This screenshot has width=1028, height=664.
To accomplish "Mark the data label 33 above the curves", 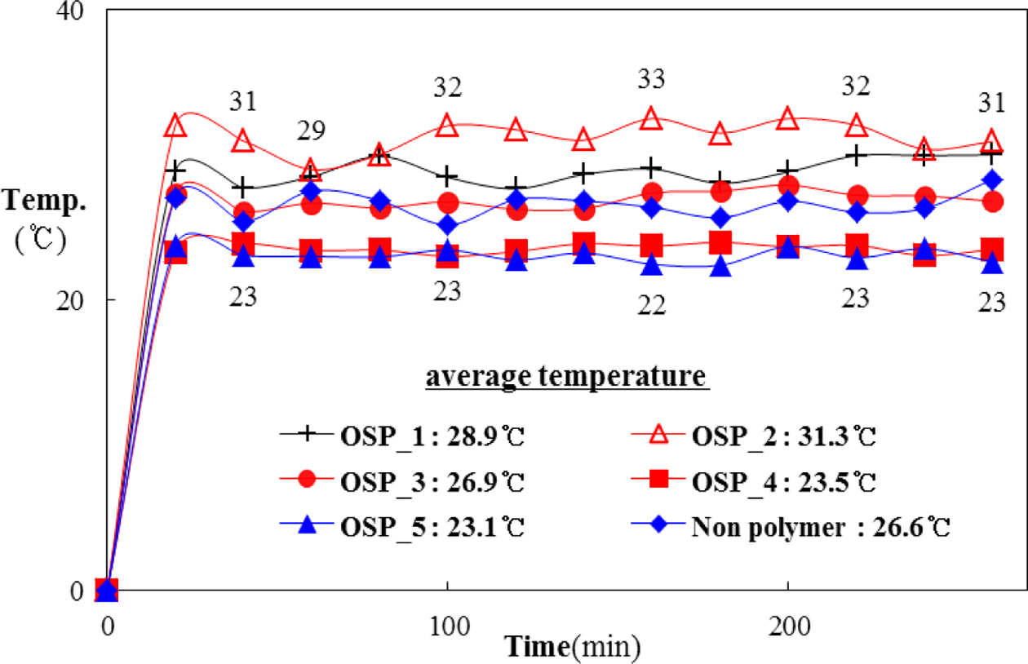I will pyautogui.click(x=651, y=80).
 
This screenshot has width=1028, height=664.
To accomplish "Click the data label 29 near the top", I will pyautogui.click(x=311, y=131).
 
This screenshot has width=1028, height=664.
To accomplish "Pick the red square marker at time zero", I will pyautogui.click(x=107, y=589).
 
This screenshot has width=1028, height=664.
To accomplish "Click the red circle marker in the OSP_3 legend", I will pyautogui.click(x=307, y=481).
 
